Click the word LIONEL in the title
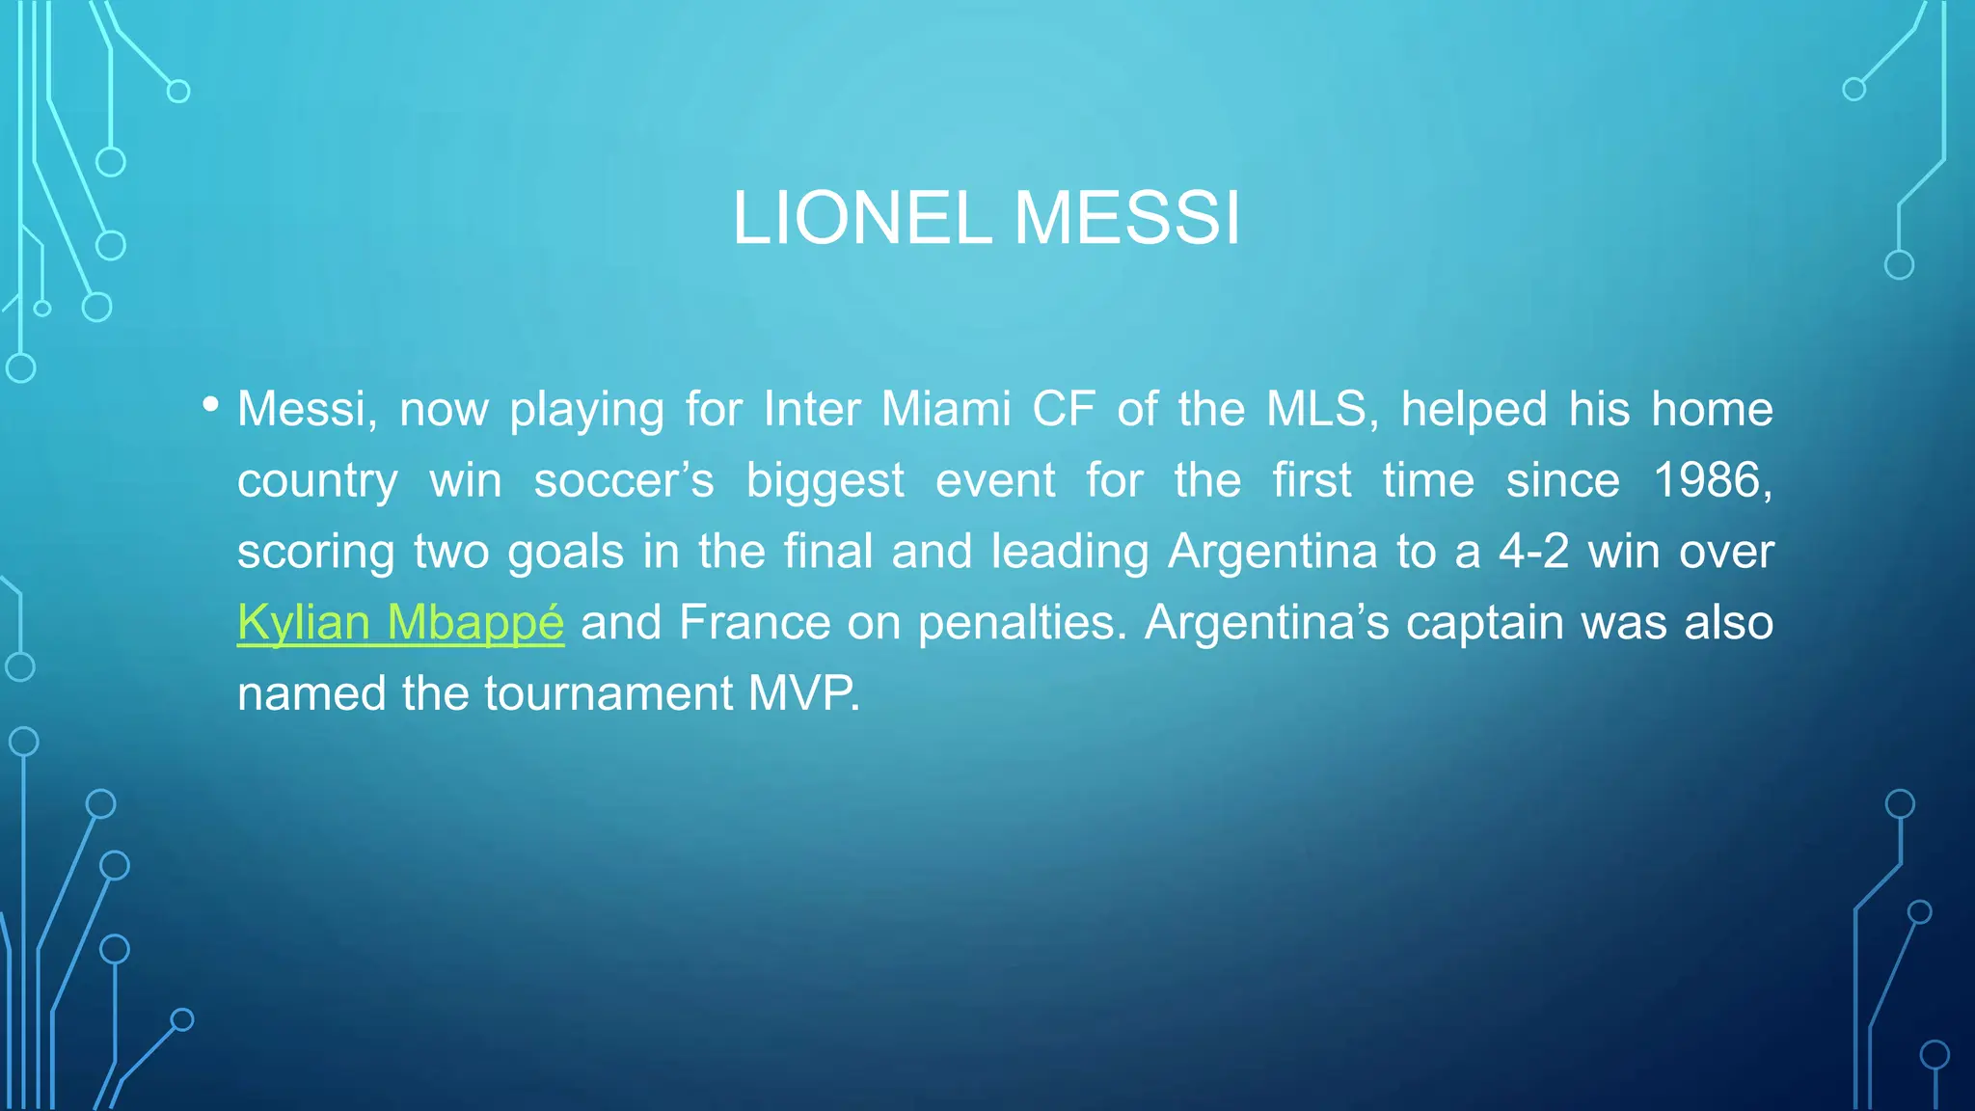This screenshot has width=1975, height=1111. click(x=861, y=218)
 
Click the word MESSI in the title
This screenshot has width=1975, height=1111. click(x=1127, y=218)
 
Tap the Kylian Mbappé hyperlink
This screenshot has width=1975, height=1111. click(x=400, y=622)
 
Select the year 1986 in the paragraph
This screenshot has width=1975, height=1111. click(x=1712, y=480)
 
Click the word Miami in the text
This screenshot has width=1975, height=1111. click(x=946, y=409)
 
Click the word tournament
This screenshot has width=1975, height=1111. click(x=609, y=693)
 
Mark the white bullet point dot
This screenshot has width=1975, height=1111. click(x=211, y=404)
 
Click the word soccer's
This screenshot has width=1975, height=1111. click(x=624, y=480)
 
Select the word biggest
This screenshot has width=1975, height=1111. click(x=825, y=480)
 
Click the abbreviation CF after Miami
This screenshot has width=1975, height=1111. click(x=1064, y=409)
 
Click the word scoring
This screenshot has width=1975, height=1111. click(x=316, y=552)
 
